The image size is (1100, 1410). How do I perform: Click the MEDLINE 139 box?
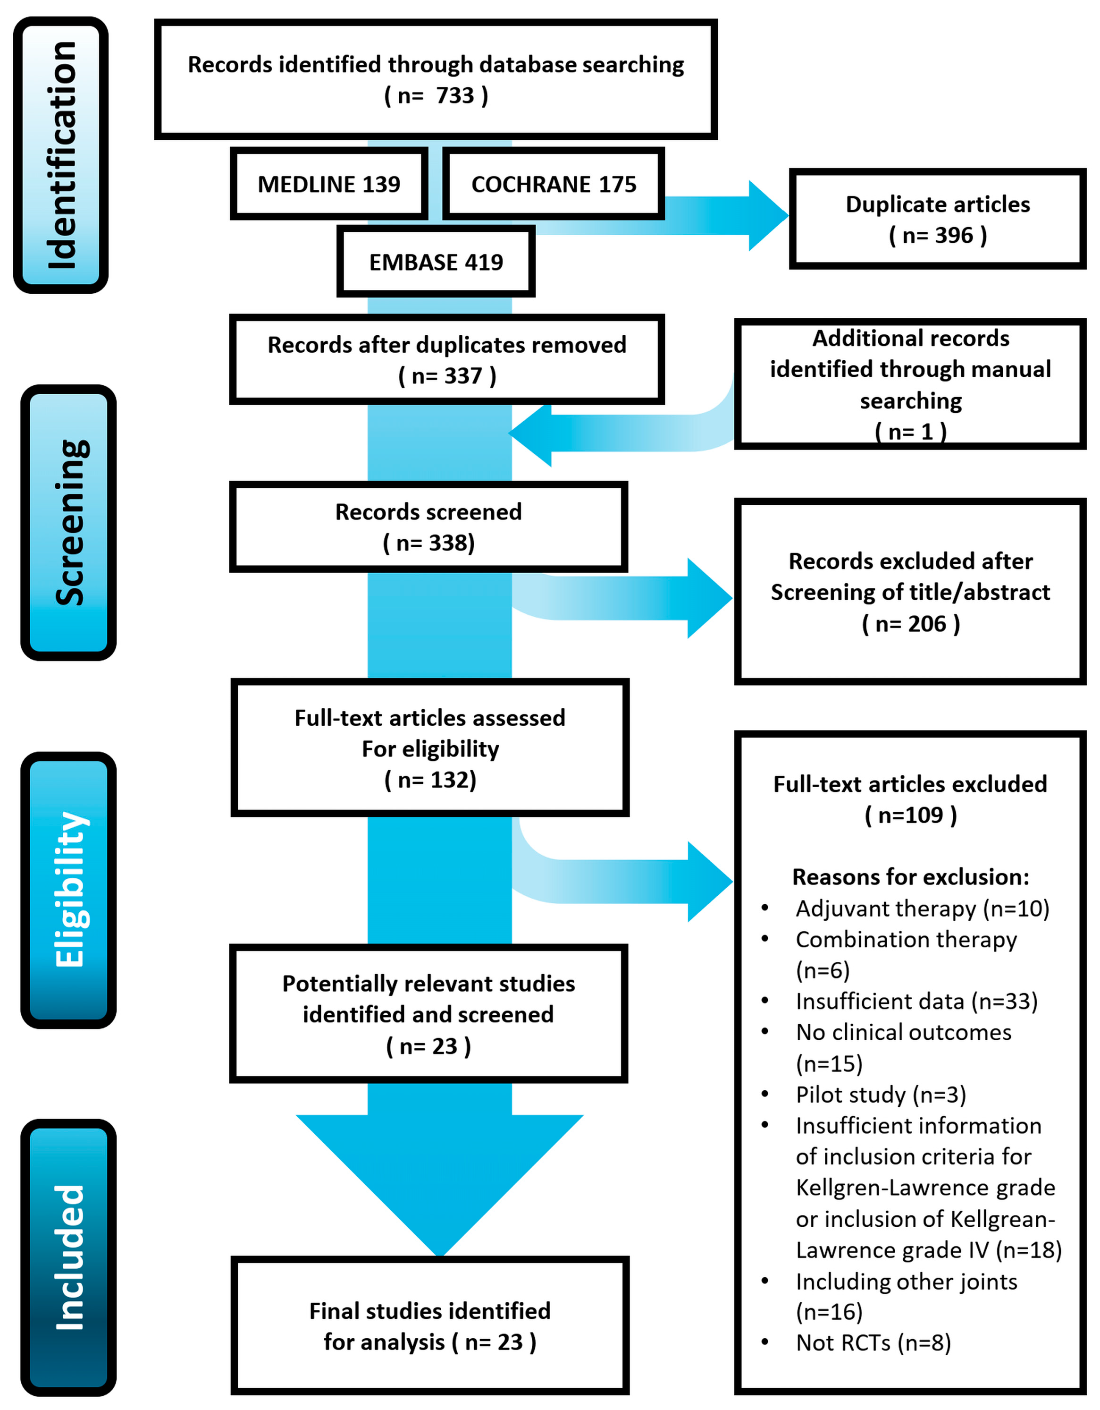pyautogui.click(x=329, y=184)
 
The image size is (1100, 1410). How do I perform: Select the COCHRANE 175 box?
pyautogui.click(x=554, y=184)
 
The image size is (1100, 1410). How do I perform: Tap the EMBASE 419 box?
pyautogui.click(x=436, y=262)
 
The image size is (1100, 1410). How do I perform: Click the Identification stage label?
pyautogui.click(x=61, y=155)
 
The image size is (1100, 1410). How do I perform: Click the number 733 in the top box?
pyautogui.click(x=455, y=95)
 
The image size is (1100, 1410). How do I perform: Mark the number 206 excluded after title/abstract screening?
pyautogui.click(x=927, y=624)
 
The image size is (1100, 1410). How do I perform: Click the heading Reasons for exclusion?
pyautogui.click(x=910, y=877)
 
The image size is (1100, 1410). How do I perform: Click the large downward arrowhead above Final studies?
pyautogui.click(x=439, y=1181)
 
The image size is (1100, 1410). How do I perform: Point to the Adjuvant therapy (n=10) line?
pyautogui.click(x=922, y=909)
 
